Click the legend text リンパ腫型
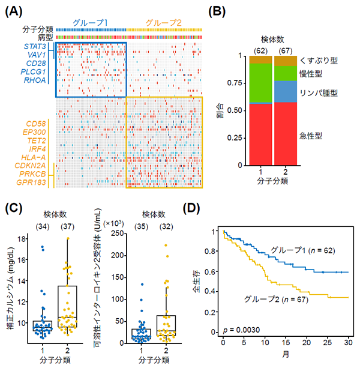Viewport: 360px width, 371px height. coord(317,93)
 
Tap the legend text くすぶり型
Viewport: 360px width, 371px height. coord(317,61)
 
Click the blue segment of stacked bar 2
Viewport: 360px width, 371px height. coord(286,91)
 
